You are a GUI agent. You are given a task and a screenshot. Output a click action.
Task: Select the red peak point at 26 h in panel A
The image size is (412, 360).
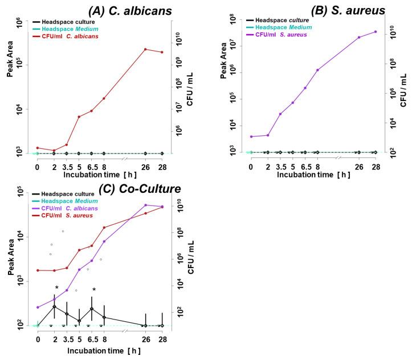[146, 49]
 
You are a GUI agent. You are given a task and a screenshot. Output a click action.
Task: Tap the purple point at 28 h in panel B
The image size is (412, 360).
[376, 31]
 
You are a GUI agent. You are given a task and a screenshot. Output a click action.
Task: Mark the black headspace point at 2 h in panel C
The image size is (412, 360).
[54, 306]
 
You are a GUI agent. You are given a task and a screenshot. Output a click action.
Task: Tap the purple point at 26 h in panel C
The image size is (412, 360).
[146, 205]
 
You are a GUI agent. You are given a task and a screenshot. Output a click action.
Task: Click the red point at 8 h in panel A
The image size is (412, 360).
[104, 98]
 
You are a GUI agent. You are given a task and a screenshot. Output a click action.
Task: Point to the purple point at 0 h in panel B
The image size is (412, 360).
[251, 136]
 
